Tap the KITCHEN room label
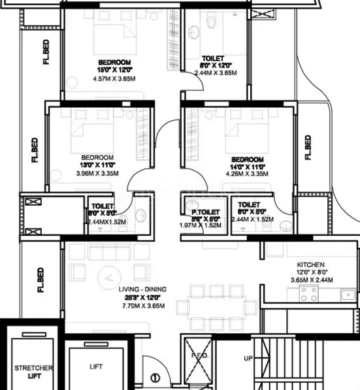tap(310, 265)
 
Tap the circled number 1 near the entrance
tap(155, 377)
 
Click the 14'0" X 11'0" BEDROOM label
tap(248, 159)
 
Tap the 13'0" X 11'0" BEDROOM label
tap(97, 157)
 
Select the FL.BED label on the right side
tap(308, 147)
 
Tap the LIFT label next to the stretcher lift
tap(96, 367)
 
